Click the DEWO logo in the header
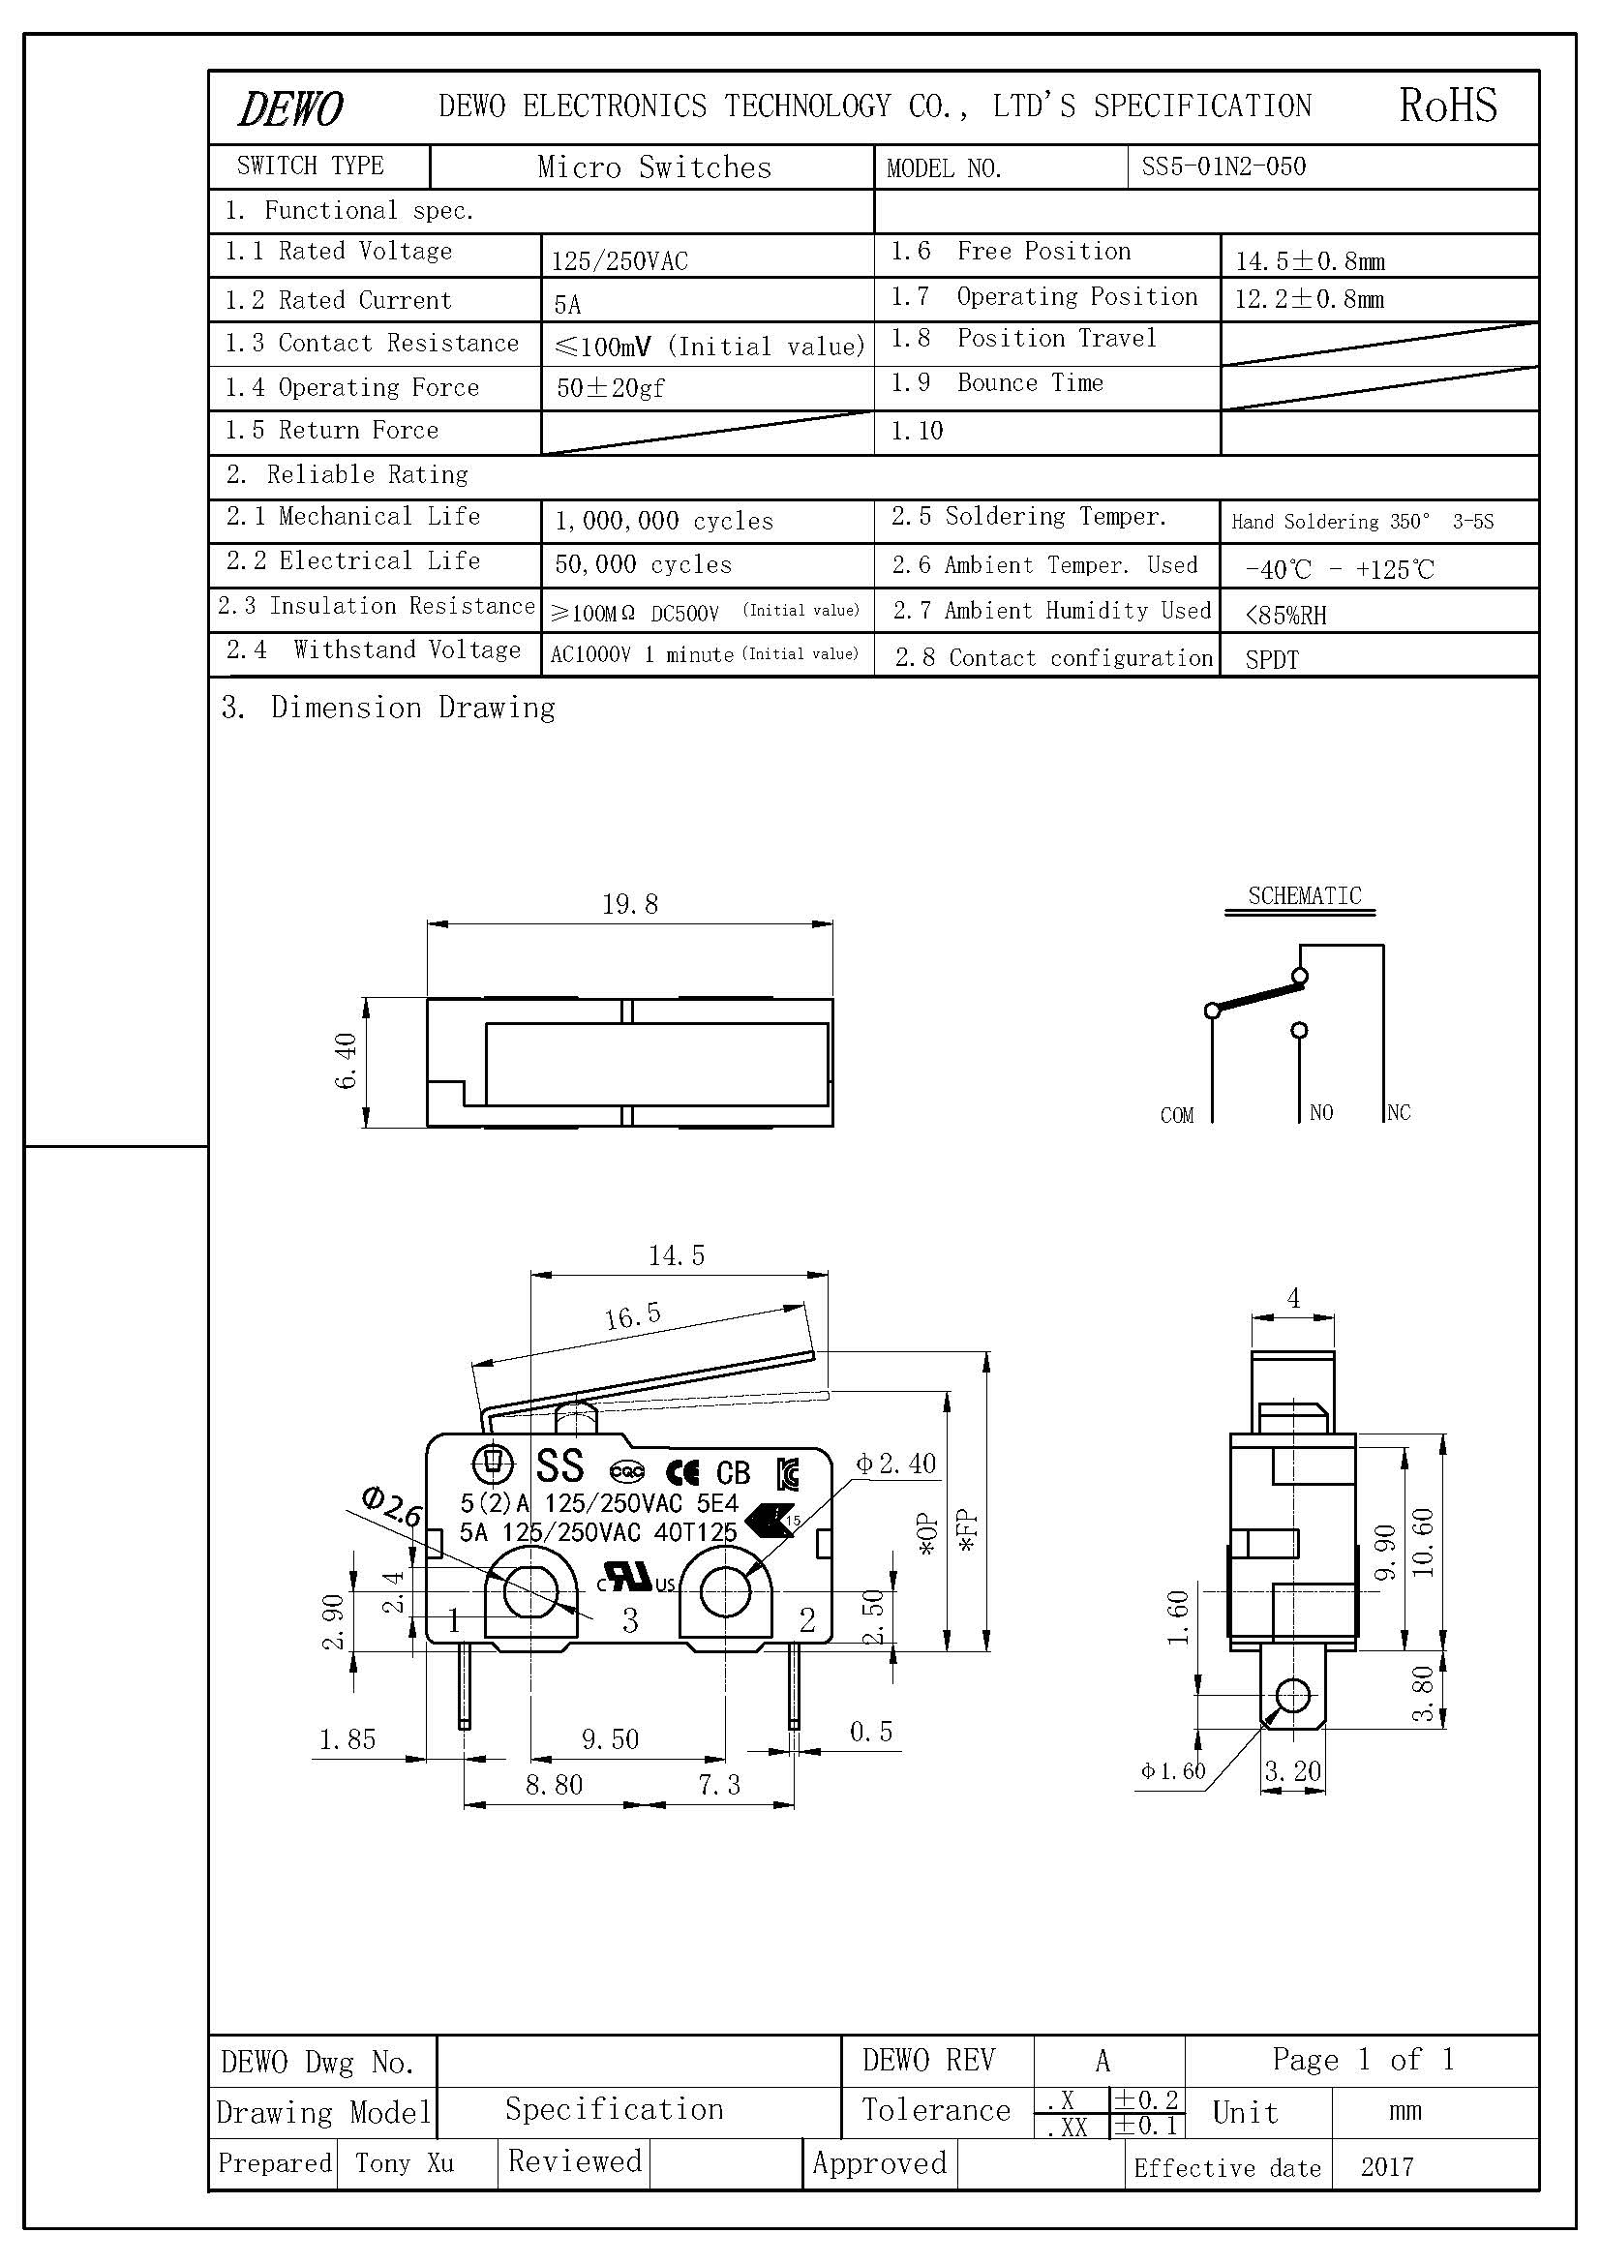point(290,108)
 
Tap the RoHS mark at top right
point(1447,106)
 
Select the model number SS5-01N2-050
point(1223,166)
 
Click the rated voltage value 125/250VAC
point(619,261)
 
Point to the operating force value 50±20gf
point(610,388)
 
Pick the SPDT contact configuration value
point(1272,660)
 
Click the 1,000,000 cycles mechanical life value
point(663,521)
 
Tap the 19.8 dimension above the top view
point(630,904)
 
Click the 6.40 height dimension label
point(346,1061)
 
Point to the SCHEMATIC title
point(1303,896)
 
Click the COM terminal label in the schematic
point(1176,1115)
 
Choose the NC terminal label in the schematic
point(1399,1112)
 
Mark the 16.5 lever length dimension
point(633,1315)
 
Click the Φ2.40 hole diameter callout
point(895,1464)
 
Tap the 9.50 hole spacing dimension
point(610,1739)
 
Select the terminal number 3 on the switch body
point(630,1620)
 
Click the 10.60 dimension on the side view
point(1423,1542)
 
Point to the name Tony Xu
point(405,2163)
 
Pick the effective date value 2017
point(1386,2167)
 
